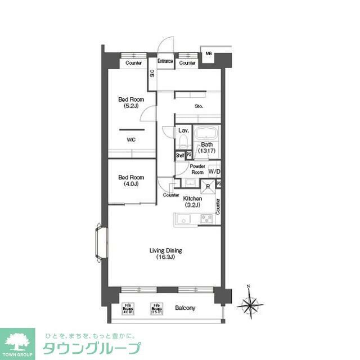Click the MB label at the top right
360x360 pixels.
tap(208, 54)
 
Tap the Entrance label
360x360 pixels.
tap(165, 61)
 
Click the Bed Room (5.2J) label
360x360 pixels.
tap(130, 103)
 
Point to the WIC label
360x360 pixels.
tap(130, 139)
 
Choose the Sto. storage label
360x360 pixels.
tap(199, 106)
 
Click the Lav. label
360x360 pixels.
tap(183, 130)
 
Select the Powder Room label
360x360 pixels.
tap(197, 169)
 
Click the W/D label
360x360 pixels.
tap(214, 171)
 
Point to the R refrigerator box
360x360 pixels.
tap(208, 187)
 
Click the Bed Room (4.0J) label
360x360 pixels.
tap(130, 181)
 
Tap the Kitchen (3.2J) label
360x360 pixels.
tap(192, 202)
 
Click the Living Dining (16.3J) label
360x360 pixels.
tap(165, 254)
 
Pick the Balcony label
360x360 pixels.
tap(184, 308)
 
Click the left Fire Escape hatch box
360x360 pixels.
tap(128, 308)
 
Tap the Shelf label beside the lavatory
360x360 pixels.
tap(180, 155)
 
